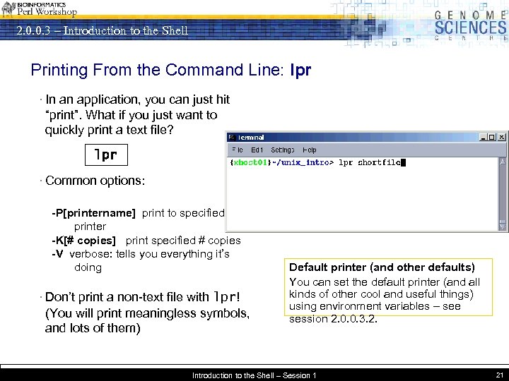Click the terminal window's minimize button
[484, 137]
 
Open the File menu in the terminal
[238, 150]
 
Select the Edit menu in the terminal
[257, 150]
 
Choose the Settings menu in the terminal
[283, 150]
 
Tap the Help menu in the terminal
[310, 150]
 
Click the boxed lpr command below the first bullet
[105, 154]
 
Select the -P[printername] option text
[93, 213]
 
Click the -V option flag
[58, 254]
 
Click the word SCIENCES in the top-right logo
[470, 28]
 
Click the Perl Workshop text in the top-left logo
[47, 13]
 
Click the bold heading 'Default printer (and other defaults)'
[382, 267]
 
